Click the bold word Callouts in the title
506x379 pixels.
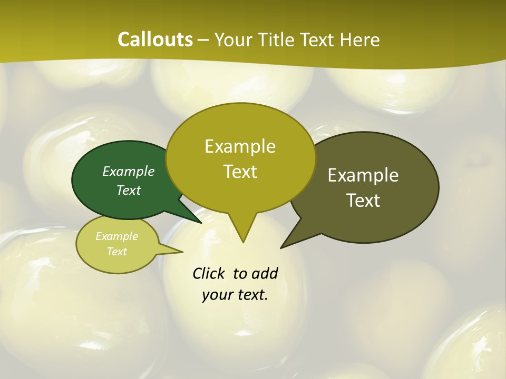click(155, 39)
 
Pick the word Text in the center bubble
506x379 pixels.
click(240, 171)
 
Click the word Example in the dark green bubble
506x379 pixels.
click(129, 171)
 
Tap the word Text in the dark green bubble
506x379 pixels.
click(129, 190)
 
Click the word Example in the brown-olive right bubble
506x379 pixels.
click(363, 175)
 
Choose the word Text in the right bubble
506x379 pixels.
click(363, 200)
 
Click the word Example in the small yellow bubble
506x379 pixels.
click(116, 236)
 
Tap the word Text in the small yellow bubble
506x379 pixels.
click(116, 252)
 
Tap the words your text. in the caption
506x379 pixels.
click(235, 295)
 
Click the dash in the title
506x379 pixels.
click(204, 40)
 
